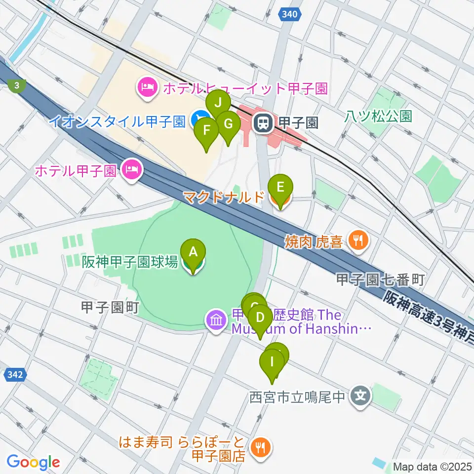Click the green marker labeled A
tap(194, 252)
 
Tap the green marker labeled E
tap(280, 188)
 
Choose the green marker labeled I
tap(272, 362)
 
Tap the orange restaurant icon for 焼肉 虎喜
tap(356, 240)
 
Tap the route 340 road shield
tap(290, 15)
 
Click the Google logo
tap(33, 462)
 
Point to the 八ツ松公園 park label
tap(378, 117)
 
